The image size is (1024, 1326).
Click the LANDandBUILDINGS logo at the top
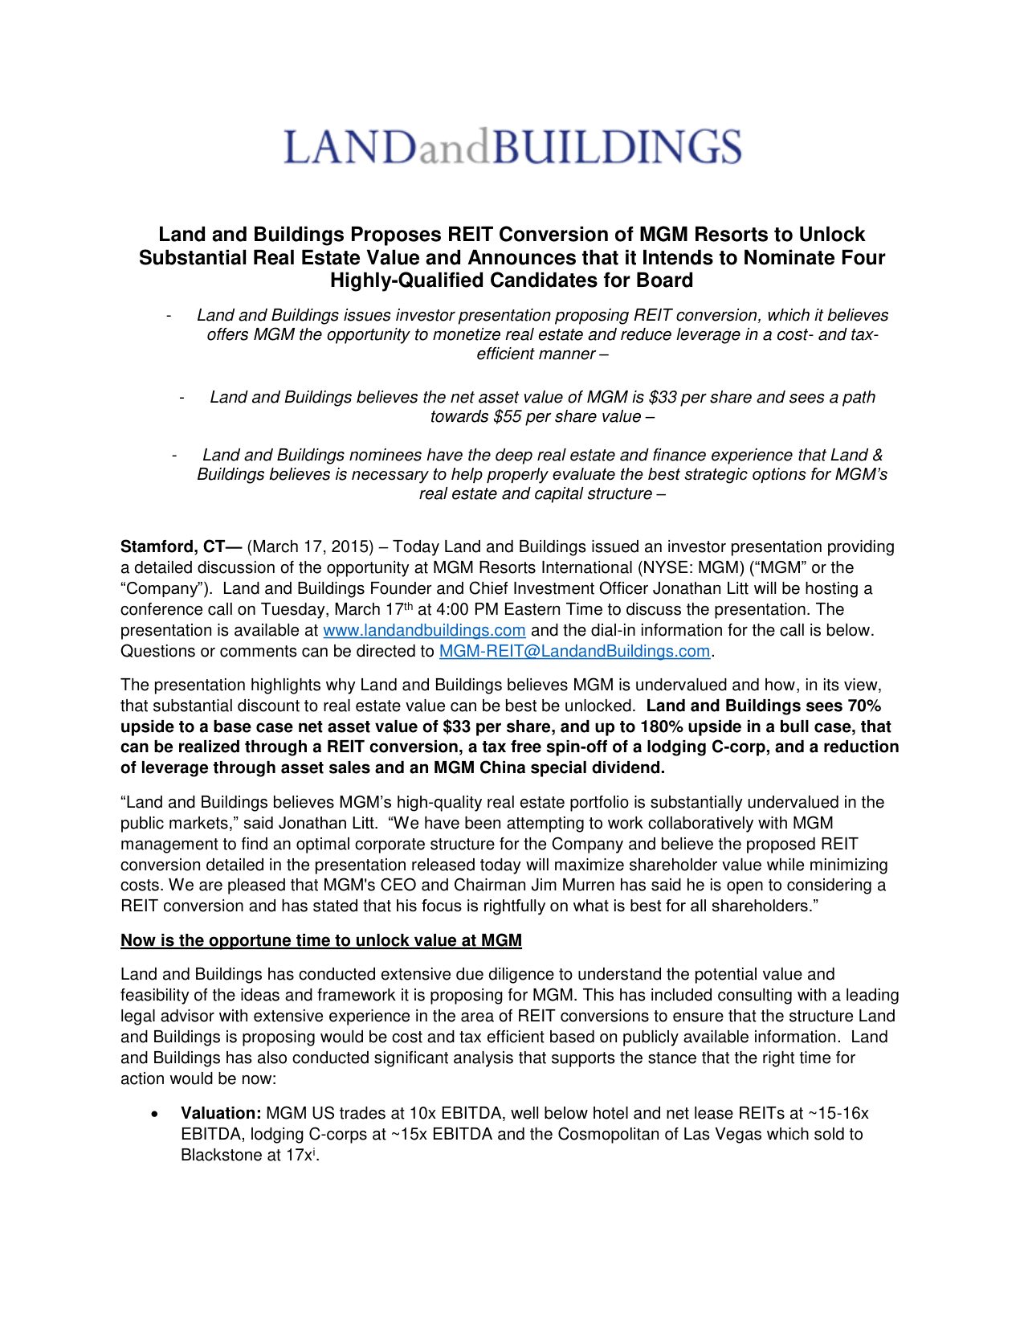pyautogui.click(x=512, y=147)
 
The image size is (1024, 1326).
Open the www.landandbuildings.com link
pyautogui.click(x=424, y=630)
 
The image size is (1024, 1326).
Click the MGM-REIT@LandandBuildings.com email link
pyautogui.click(x=574, y=651)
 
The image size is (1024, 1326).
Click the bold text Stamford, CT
pyautogui.click(x=181, y=546)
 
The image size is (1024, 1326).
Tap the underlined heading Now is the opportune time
pyautogui.click(x=321, y=940)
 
